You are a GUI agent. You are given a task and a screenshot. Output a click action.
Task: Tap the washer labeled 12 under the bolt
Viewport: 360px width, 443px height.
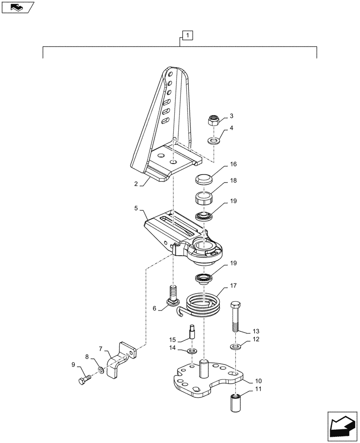coord(235,346)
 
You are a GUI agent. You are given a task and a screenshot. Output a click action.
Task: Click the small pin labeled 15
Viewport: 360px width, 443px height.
coord(192,331)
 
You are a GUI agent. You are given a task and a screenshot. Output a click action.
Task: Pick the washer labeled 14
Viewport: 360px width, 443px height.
coord(192,351)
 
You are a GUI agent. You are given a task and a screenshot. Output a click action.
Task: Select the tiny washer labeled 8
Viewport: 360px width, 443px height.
coord(102,369)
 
